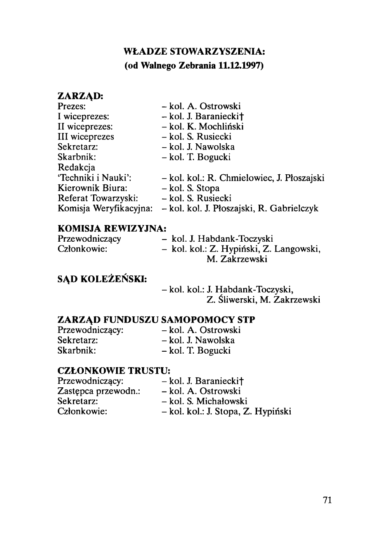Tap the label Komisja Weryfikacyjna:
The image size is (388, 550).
click(x=105, y=208)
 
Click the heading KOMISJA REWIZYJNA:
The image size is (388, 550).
click(x=112, y=229)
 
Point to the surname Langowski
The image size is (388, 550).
click(x=299, y=249)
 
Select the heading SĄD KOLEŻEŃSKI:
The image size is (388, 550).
click(x=102, y=278)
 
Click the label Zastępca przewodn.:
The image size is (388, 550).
click(x=99, y=391)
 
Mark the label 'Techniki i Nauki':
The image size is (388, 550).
click(x=94, y=178)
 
